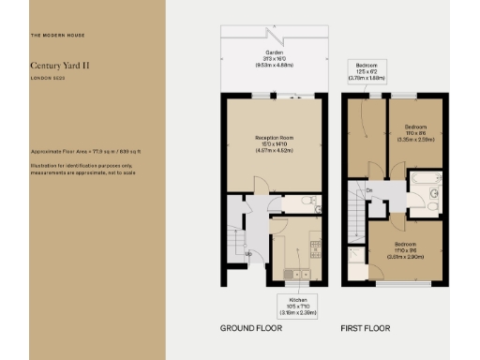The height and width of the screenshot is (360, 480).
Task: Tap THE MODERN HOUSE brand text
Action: (57, 35)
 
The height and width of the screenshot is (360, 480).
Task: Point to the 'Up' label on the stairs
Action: (248, 254)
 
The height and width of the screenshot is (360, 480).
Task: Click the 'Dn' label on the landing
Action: (371, 190)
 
